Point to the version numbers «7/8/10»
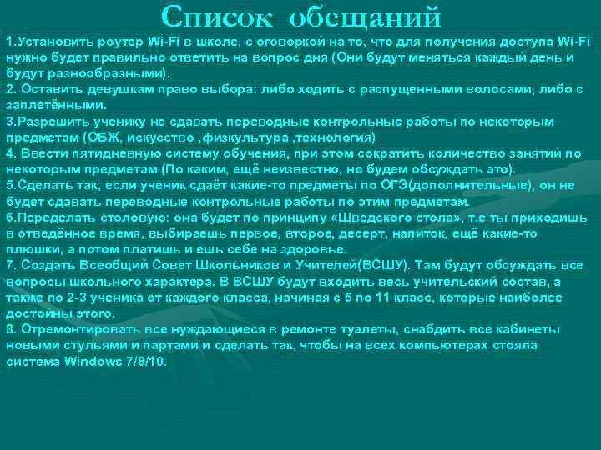click(146, 362)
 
